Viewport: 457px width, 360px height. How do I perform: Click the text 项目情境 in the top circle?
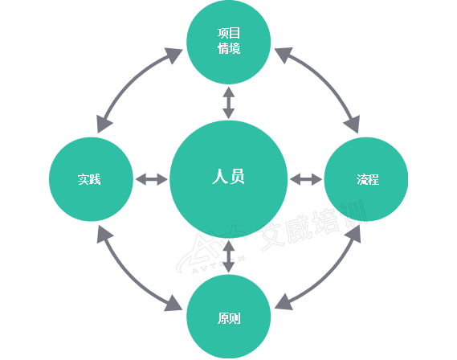click(229, 41)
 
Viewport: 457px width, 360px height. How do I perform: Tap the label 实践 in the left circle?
click(89, 179)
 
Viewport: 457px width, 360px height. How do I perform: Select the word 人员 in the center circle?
click(228, 176)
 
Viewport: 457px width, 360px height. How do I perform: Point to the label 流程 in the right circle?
click(368, 179)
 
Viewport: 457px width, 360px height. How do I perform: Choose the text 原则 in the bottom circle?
click(229, 318)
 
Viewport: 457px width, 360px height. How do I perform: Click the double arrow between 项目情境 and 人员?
click(229, 103)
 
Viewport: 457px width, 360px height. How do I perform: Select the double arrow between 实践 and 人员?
click(152, 179)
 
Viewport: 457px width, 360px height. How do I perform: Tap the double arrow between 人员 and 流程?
click(306, 179)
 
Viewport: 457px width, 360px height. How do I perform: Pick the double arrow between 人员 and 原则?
click(229, 256)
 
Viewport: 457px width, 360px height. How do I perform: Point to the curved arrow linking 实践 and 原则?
click(129, 276)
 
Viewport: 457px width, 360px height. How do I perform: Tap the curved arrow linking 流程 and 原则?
click(328, 276)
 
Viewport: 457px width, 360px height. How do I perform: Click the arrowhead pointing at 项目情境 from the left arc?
click(173, 55)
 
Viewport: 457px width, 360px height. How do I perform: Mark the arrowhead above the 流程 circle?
click(353, 124)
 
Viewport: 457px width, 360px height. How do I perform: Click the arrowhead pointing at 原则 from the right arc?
click(284, 303)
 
